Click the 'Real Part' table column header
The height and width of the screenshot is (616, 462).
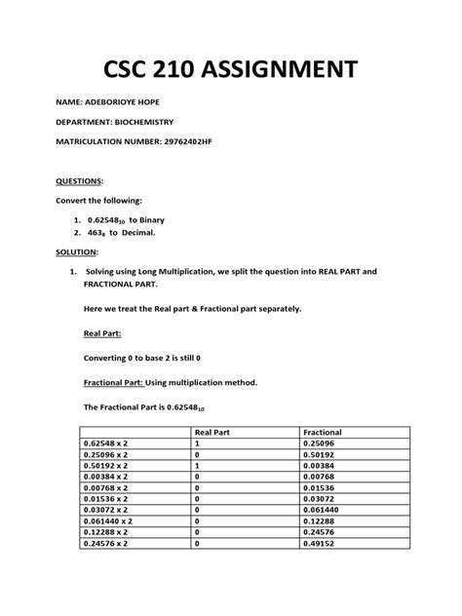tap(216, 431)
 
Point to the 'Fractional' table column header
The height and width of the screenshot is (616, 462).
tap(323, 431)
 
